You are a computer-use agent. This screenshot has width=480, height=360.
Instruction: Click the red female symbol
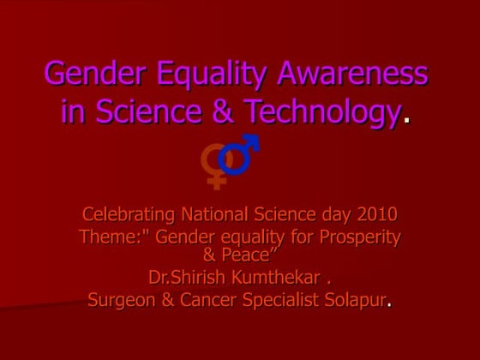click(x=214, y=162)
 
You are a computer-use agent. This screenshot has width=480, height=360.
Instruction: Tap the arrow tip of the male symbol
click(x=252, y=141)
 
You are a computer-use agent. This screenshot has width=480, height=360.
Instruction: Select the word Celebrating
click(x=131, y=214)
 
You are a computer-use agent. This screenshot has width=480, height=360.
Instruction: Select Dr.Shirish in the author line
click(x=186, y=278)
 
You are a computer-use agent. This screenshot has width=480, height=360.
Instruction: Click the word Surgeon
click(x=125, y=300)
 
